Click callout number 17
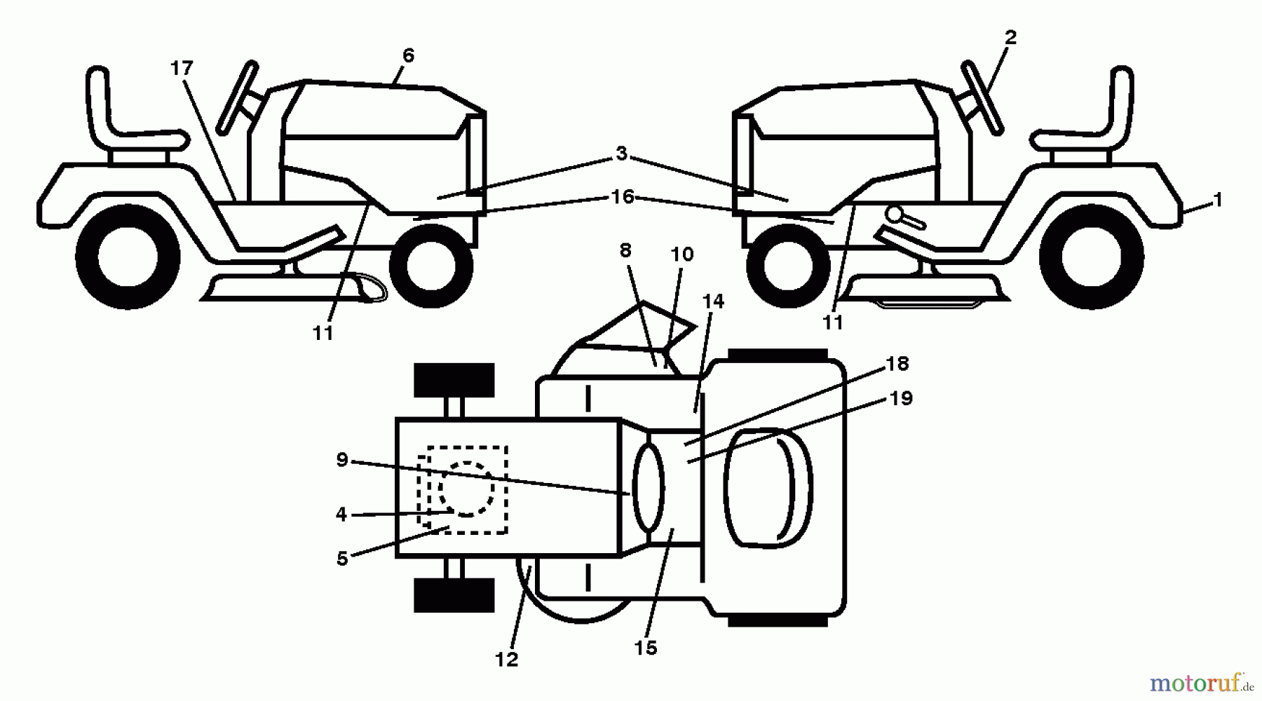pyautogui.click(x=181, y=69)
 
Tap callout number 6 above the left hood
pyautogui.click(x=408, y=55)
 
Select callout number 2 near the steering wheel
pyautogui.click(x=1010, y=38)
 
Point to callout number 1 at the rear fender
pyautogui.click(x=1217, y=200)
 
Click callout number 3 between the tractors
pyautogui.click(x=621, y=154)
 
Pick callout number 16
pyautogui.click(x=622, y=197)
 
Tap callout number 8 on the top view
pyautogui.click(x=625, y=250)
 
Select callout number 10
pyautogui.click(x=681, y=254)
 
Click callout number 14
pyautogui.click(x=713, y=301)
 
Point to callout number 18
pyautogui.click(x=897, y=364)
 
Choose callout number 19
pyautogui.click(x=901, y=398)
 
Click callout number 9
pyautogui.click(x=342, y=460)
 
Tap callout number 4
pyautogui.click(x=341, y=515)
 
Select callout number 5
pyautogui.click(x=342, y=559)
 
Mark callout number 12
pyautogui.click(x=506, y=659)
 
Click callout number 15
pyautogui.click(x=646, y=648)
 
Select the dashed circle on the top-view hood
pyautogui.click(x=466, y=489)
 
